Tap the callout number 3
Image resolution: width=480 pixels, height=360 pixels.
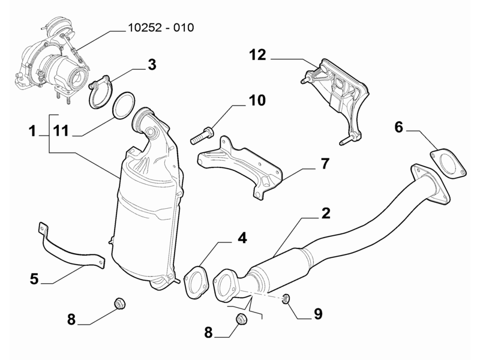click(x=152, y=64)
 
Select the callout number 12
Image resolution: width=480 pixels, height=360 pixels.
click(x=257, y=56)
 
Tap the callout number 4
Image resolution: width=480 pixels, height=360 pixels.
click(x=241, y=238)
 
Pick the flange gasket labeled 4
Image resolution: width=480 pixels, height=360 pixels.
click(x=194, y=283)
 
